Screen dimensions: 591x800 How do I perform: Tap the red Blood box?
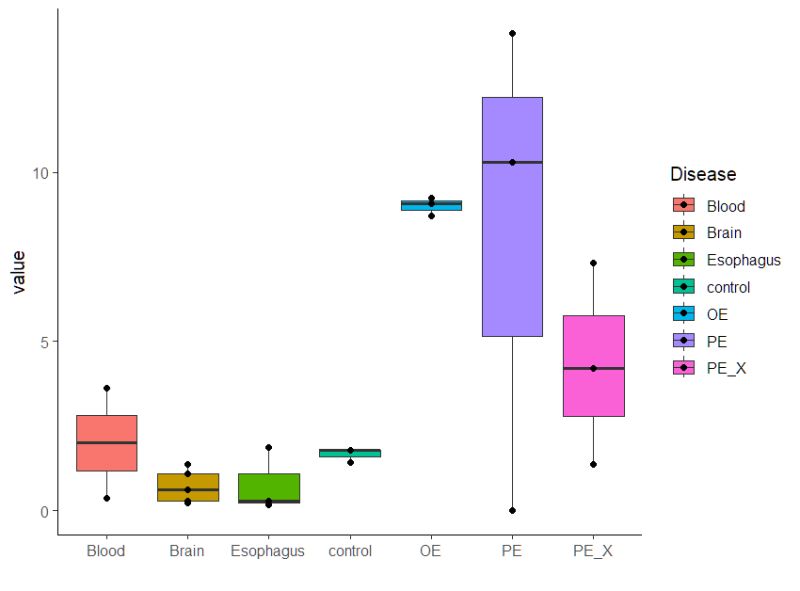106,455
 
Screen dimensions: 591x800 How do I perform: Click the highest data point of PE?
512,33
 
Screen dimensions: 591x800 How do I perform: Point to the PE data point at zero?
512,510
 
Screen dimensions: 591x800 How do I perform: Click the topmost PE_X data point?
593,263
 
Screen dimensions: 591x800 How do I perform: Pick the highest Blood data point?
106,388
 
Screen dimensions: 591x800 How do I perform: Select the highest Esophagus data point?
268,447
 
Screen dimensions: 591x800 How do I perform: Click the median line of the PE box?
512,162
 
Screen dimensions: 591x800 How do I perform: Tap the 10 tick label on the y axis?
39,172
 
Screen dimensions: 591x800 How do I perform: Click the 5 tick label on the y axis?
43,341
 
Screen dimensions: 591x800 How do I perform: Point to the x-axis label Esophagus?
267,551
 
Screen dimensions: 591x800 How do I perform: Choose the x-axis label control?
349,551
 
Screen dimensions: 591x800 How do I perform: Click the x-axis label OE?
430,551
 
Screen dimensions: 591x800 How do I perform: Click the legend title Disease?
703,174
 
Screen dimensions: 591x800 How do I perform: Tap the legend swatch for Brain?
684,232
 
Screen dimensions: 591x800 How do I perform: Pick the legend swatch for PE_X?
684,368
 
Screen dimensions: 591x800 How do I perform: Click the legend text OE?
717,314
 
